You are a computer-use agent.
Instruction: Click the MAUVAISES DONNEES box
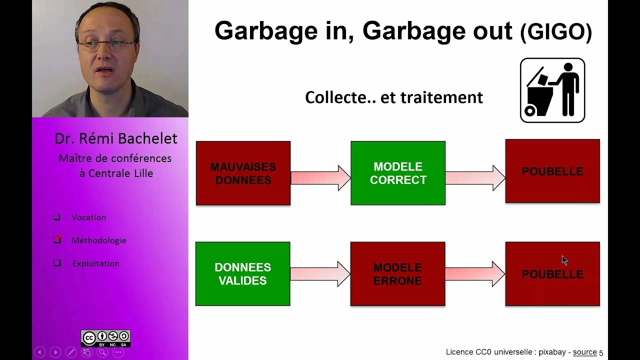point(243,173)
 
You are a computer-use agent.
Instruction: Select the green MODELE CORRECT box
point(398,173)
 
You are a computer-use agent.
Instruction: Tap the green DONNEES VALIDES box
point(243,274)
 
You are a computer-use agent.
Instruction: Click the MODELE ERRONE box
point(397,274)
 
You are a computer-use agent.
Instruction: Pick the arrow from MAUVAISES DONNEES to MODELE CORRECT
point(320,177)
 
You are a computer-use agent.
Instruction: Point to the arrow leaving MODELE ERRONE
point(475,274)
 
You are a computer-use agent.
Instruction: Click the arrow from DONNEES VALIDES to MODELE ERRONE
point(320,273)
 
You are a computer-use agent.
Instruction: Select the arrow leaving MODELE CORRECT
point(475,178)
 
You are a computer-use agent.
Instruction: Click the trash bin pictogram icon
point(552,90)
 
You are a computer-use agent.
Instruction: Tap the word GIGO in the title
point(556,32)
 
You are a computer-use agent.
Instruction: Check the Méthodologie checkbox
point(57,239)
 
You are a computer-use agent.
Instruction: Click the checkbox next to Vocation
point(57,217)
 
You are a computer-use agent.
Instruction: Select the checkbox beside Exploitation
point(57,262)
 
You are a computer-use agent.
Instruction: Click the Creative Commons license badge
point(105,338)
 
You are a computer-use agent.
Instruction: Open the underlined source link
point(585,352)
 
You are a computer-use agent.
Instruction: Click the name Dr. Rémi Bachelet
point(116,138)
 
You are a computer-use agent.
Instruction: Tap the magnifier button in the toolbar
point(102,352)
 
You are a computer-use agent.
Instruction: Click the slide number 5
point(601,353)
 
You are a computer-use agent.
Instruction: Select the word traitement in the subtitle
point(441,97)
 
